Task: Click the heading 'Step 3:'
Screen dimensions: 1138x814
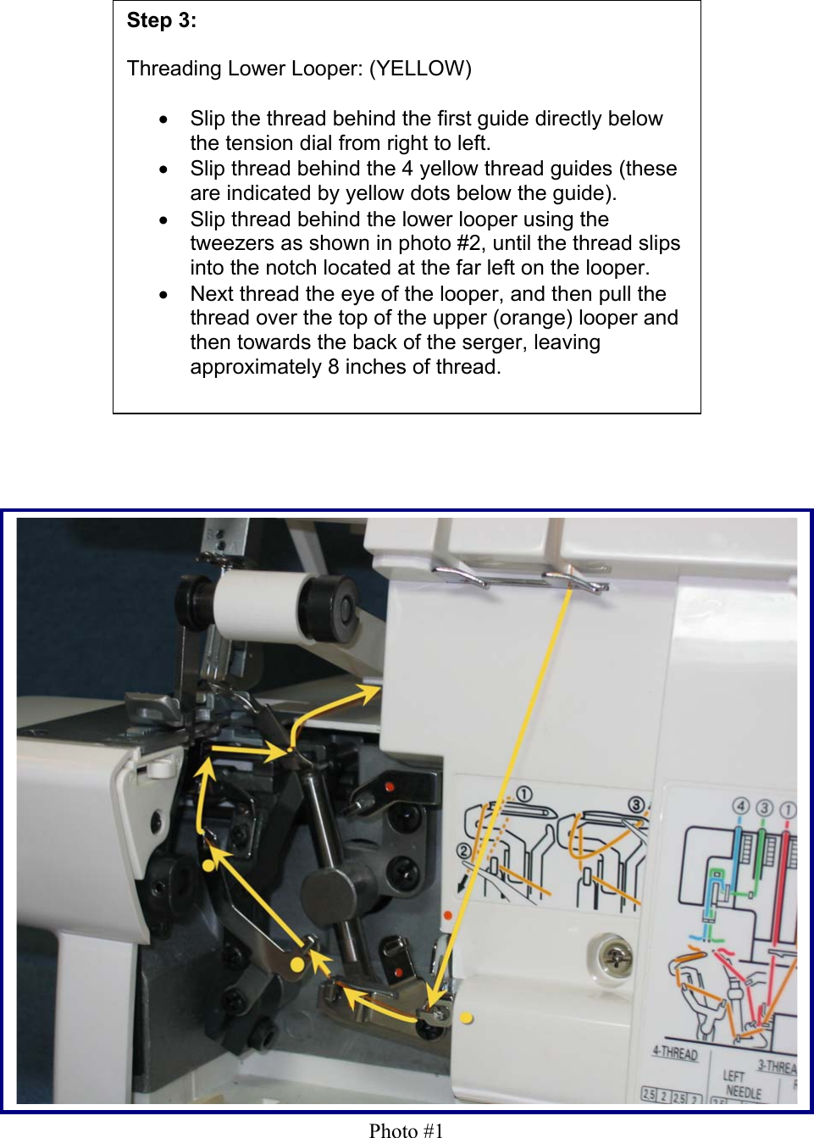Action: [x=161, y=21]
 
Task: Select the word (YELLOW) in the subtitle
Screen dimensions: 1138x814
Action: [x=420, y=69]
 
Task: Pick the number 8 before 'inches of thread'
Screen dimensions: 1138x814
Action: [x=333, y=367]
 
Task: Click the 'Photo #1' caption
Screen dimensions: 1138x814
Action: [x=406, y=1130]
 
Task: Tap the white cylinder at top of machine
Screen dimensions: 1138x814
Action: [x=258, y=608]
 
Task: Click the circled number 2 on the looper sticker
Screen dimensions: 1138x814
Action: [x=464, y=851]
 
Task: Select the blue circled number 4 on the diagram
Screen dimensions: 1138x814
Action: [x=741, y=806]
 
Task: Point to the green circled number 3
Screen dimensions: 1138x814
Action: [x=764, y=808]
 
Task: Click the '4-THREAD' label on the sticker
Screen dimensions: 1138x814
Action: [x=675, y=1052]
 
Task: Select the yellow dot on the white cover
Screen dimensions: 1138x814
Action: [x=467, y=1018]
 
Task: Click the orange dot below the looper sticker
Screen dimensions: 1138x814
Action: [x=448, y=916]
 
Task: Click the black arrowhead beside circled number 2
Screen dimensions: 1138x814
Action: [x=461, y=885]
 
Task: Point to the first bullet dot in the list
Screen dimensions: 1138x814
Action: [x=164, y=119]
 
